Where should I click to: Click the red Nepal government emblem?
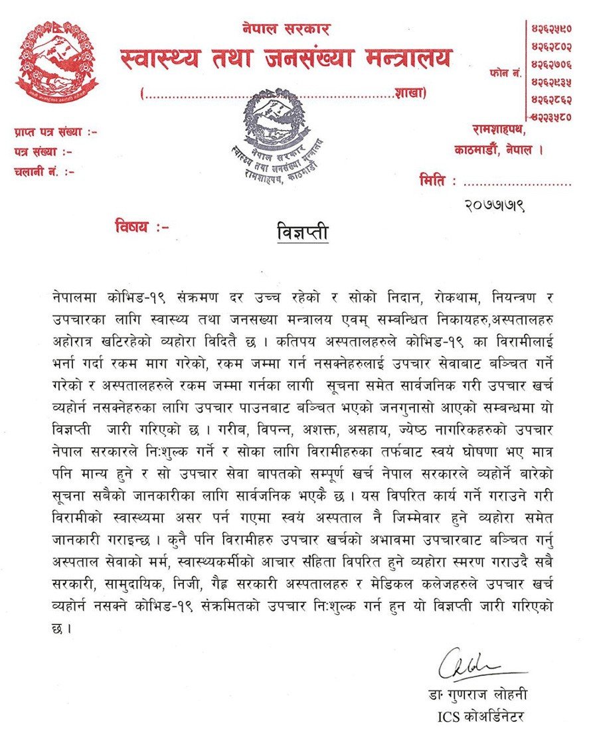click(56, 62)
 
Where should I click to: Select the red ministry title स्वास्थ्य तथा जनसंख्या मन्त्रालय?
click(286, 58)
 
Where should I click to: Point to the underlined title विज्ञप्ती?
click(302, 234)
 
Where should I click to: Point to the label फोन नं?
click(505, 72)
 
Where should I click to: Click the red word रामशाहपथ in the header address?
click(507, 129)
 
